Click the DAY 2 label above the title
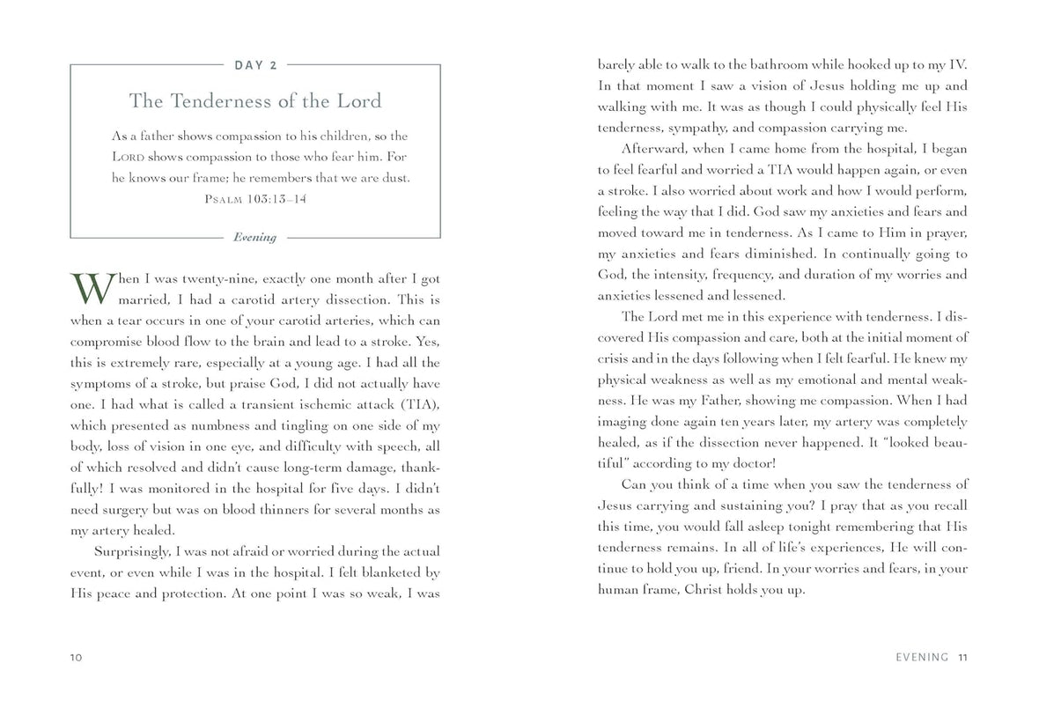[x=255, y=64]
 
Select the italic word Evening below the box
[x=254, y=237]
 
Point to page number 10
[x=76, y=657]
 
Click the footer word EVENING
[x=921, y=657]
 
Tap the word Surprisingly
[x=132, y=552]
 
